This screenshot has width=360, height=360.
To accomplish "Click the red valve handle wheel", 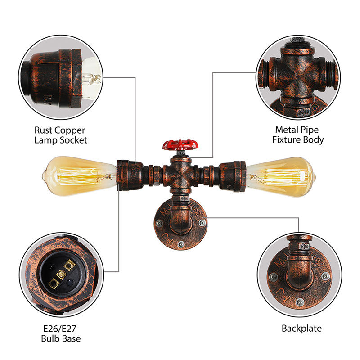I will coord(180,145).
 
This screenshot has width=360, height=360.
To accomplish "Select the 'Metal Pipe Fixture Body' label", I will coord(298,135).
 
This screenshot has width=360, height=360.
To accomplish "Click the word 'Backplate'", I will coord(301,328).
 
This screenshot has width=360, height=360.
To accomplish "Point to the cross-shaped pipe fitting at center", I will coord(180,173).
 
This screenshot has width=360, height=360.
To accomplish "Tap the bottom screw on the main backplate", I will coord(180,244).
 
